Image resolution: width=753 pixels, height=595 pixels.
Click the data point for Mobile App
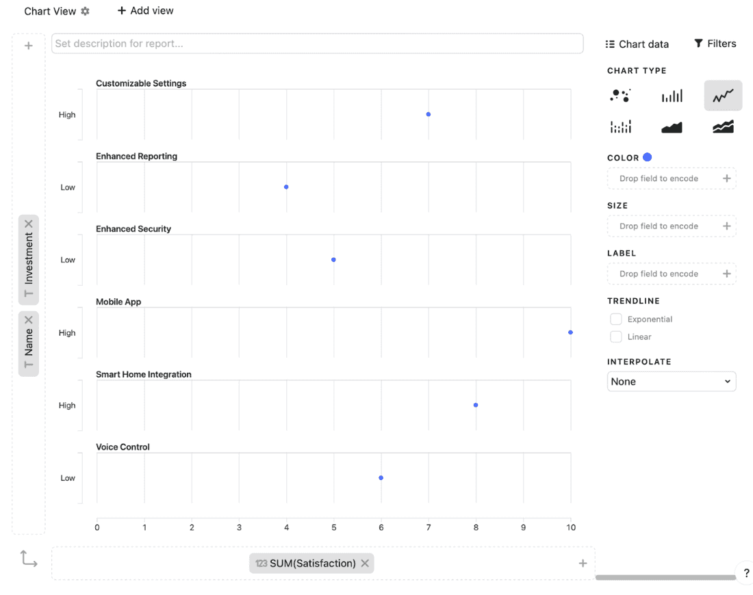tap(570, 332)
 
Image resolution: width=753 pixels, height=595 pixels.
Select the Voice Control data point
tap(381, 478)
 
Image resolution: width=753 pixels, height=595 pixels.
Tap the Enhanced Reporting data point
tap(286, 187)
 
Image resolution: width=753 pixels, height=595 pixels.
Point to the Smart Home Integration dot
tap(476, 405)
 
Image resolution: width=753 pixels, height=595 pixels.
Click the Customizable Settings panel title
tap(141, 83)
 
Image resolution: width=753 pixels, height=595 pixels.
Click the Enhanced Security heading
tap(133, 229)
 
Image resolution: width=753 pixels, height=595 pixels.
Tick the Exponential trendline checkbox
tap(616, 319)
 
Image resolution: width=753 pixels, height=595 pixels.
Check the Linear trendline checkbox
tap(616, 337)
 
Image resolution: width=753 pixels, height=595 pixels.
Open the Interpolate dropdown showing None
tap(671, 382)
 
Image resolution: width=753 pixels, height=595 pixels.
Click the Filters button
tap(715, 44)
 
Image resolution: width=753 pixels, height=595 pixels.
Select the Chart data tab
tap(637, 44)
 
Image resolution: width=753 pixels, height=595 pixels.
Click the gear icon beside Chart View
tap(86, 12)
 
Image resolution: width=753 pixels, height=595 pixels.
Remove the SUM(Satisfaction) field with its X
tap(365, 564)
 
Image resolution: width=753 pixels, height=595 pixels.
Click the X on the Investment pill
tap(29, 224)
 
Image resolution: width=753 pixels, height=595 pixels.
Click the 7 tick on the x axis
tap(429, 528)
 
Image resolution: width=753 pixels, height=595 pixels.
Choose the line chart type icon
tap(723, 96)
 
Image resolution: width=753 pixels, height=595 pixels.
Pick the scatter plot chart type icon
tap(620, 96)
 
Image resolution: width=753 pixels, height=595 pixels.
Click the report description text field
tap(317, 44)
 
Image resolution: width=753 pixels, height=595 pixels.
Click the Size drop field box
tap(671, 226)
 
